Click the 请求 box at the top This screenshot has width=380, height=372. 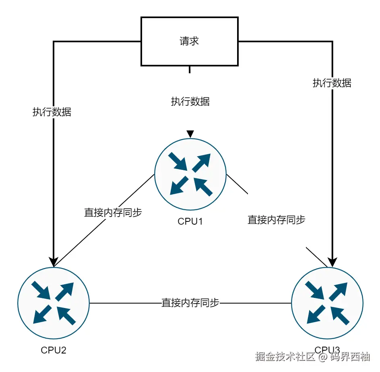(189, 41)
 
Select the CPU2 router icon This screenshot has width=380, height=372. (54, 302)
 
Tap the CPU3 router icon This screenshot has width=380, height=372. (327, 302)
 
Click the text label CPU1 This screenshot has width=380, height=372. (190, 221)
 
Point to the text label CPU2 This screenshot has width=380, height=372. (54, 350)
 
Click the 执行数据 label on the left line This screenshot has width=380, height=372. (52, 112)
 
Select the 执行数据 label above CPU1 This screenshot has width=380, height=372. (190, 101)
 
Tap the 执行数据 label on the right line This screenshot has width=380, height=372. (332, 83)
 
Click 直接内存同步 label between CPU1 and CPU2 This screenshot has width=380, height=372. (113, 213)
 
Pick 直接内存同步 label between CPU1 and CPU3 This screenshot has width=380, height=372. (276, 220)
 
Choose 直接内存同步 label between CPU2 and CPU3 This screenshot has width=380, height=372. (190, 303)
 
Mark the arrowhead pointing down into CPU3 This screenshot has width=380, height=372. (332, 262)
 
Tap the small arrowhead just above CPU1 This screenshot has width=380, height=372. (190, 134)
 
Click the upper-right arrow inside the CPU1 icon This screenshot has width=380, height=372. (202, 161)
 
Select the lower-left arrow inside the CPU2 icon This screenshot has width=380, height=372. (42, 314)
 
